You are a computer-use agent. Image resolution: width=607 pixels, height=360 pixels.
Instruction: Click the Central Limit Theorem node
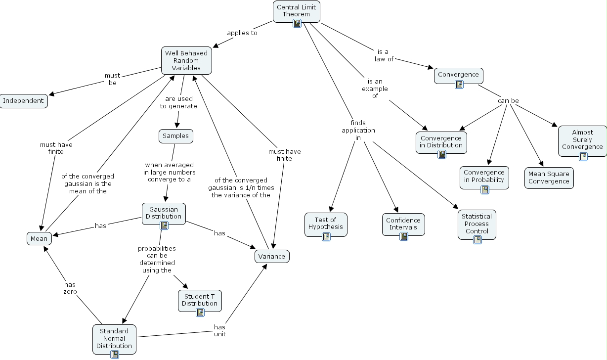[296, 10]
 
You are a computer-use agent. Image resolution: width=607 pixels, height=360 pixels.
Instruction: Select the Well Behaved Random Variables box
[186, 60]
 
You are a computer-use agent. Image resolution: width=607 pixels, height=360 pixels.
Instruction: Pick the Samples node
[175, 136]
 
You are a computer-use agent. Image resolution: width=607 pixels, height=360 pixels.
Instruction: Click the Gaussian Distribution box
[164, 213]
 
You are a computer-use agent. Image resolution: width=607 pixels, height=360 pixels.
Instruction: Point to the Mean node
[39, 238]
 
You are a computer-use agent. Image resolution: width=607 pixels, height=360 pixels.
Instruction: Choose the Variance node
[271, 256]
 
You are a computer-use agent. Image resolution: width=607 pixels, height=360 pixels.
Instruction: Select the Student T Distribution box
[200, 300]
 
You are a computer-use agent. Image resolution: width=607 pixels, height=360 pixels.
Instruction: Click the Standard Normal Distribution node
[114, 338]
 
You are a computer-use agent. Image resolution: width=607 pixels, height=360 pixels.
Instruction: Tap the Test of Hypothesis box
[326, 223]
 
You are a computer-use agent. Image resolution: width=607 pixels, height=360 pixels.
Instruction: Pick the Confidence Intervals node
[403, 224]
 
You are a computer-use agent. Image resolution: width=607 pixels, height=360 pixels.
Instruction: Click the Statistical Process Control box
[477, 223]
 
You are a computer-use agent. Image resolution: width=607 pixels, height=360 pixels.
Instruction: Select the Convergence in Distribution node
[441, 141]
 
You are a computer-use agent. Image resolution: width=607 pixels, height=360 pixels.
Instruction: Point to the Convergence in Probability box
[484, 176]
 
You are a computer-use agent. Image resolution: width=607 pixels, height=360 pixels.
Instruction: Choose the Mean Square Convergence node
[549, 178]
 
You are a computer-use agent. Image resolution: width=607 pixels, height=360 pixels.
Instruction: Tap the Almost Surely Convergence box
[582, 139]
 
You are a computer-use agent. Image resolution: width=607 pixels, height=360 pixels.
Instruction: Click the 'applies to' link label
[242, 33]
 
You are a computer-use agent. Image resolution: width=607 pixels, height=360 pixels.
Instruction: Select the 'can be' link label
[508, 101]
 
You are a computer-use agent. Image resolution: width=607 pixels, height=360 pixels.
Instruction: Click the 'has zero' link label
[70, 288]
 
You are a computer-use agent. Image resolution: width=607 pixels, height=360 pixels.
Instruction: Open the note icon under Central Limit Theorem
[297, 23]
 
